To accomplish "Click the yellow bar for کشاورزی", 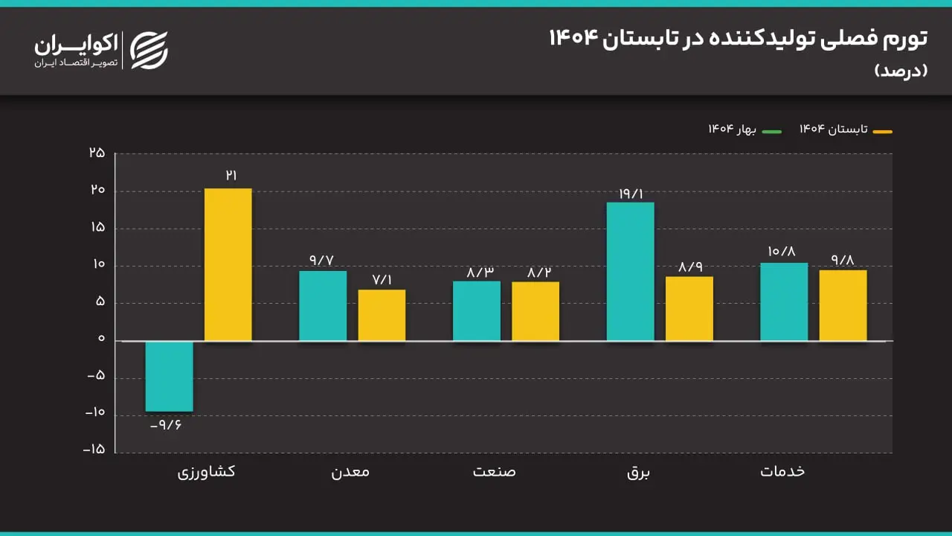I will tap(228, 264).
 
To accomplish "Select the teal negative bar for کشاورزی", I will tap(169, 376).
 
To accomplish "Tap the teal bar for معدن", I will tap(323, 305).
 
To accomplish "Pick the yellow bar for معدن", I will tap(382, 315).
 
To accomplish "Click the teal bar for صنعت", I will tap(477, 310).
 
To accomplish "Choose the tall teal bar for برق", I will tap(631, 272).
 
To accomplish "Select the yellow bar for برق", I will tap(689, 308).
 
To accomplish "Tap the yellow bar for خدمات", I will tap(843, 305).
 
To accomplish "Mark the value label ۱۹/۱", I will tap(631, 194).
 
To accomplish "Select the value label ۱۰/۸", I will tap(783, 252).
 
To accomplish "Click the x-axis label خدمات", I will tap(782, 471).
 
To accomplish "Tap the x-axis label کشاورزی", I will tap(206, 471).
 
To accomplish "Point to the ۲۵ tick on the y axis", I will tap(97, 153).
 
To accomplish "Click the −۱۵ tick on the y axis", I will tap(94, 450).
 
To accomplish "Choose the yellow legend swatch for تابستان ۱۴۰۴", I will tap(882, 132).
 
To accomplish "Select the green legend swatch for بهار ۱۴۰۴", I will tap(771, 132).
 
